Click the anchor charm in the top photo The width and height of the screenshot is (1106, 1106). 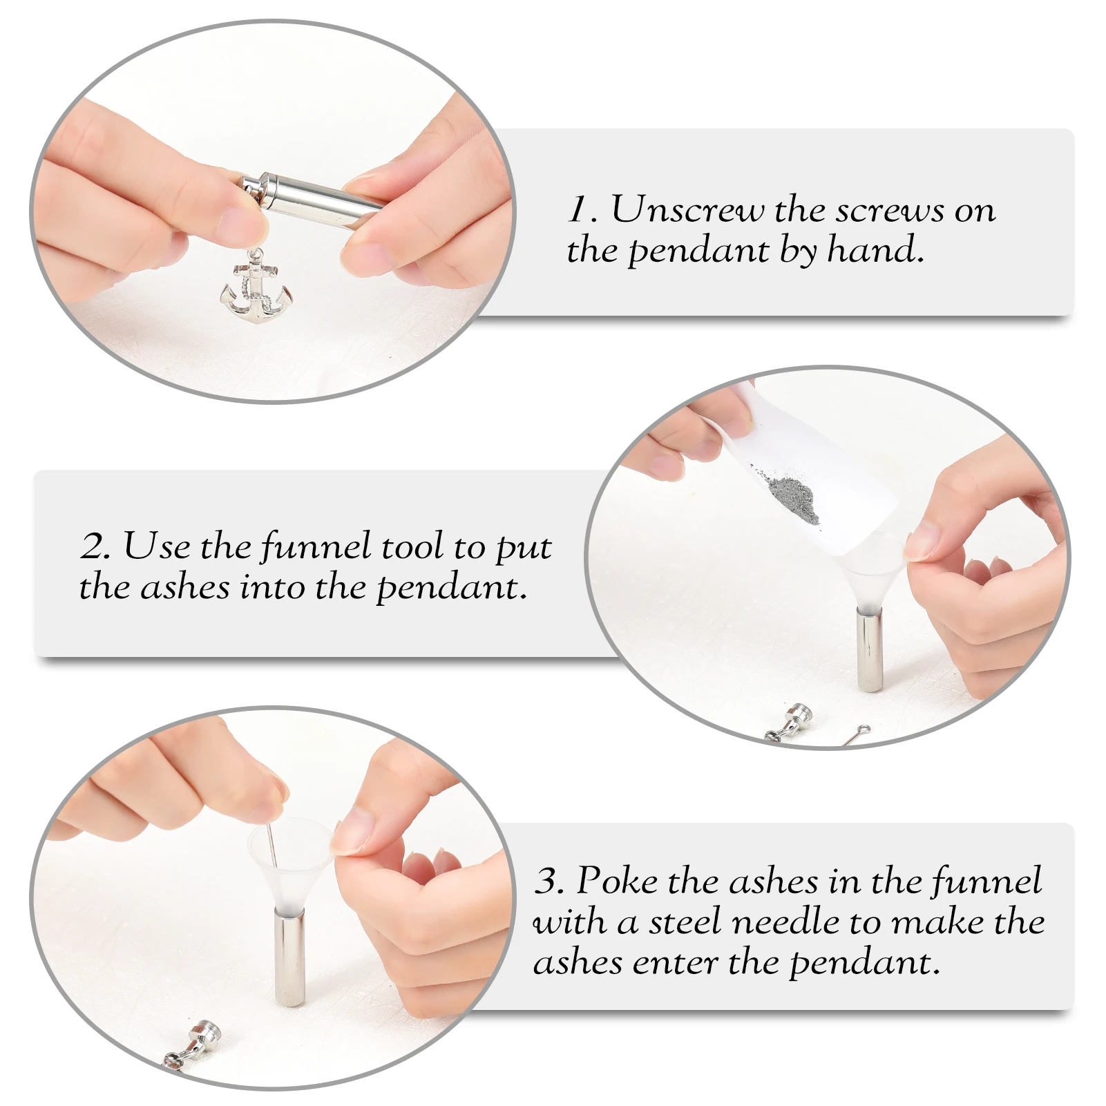pos(256,290)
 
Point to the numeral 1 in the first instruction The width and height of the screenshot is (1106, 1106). pos(578,209)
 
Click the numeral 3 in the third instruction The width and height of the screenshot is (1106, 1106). pos(549,881)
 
